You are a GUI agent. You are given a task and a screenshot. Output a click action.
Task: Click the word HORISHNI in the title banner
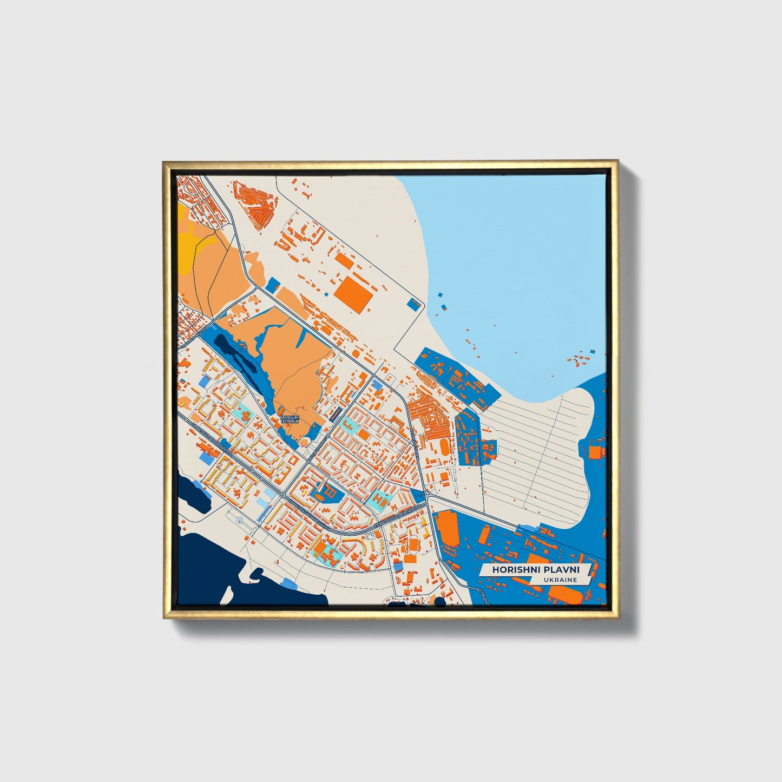pos(511,570)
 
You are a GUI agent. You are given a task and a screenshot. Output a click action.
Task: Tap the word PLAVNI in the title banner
pos(556,570)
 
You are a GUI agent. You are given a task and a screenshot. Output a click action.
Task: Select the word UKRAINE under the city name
pos(562,580)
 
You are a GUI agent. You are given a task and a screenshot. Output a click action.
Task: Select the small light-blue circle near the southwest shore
pos(239,521)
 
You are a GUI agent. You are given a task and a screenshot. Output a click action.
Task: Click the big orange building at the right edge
pos(596,452)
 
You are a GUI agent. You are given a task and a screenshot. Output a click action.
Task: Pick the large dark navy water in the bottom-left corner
pos(216,574)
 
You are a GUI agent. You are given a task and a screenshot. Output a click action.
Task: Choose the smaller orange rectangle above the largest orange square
pos(344,260)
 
